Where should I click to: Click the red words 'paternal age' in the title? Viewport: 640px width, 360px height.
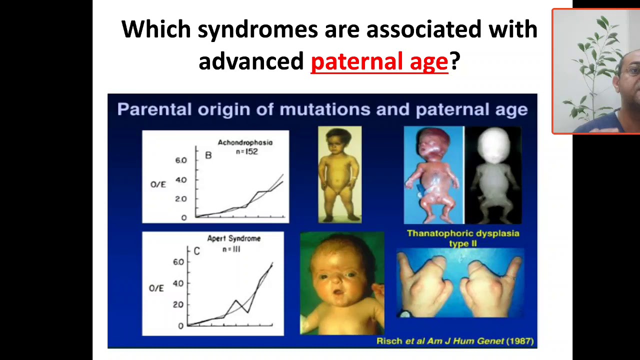point(379,61)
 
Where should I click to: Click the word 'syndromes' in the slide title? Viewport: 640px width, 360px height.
point(257,29)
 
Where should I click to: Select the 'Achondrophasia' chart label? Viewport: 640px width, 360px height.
point(245,142)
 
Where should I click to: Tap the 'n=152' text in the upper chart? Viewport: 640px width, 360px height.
point(246,151)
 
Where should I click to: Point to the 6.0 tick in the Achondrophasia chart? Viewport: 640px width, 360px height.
point(180,160)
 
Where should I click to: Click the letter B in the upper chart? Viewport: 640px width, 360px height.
point(208,155)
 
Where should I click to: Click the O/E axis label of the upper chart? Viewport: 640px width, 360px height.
point(158,184)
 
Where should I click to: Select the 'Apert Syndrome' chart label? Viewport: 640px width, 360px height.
point(233,238)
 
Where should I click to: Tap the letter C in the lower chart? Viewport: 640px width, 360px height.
point(196,251)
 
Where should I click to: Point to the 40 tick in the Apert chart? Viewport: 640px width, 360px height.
point(178,283)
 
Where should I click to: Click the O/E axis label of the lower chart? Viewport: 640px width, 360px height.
point(156,288)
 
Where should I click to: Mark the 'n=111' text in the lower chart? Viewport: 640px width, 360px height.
point(231,248)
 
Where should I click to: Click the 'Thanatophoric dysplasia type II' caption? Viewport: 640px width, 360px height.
point(462,238)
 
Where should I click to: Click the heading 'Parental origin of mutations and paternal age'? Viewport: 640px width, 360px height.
point(322,109)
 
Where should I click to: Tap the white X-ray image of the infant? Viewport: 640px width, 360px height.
point(493,175)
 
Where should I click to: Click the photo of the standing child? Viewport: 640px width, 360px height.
point(339,174)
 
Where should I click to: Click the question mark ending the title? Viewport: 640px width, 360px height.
point(454,61)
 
